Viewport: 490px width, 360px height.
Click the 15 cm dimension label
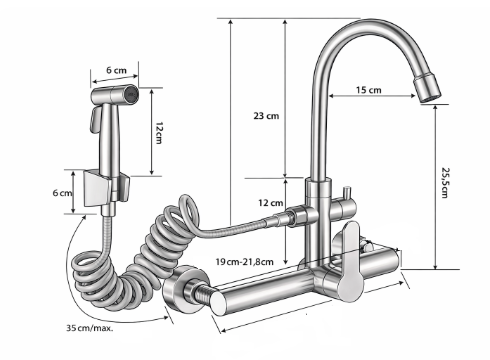coord(368,90)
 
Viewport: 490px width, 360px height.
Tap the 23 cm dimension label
coord(266,116)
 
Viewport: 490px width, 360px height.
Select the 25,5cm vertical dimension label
coord(445,183)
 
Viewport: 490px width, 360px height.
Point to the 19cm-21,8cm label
coord(244,262)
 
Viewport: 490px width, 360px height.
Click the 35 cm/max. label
coord(90,328)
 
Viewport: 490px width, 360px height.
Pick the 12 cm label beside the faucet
coord(270,203)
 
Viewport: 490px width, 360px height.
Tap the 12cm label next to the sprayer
coord(159,133)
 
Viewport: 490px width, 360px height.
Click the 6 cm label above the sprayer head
coord(116,70)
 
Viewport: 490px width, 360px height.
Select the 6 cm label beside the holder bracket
coord(62,193)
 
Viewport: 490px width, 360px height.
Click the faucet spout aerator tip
coord(427,88)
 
